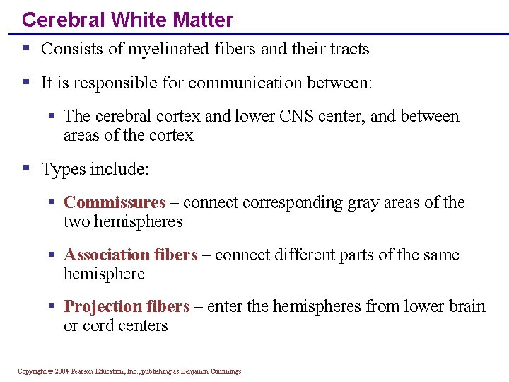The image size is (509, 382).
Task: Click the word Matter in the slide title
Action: [204, 20]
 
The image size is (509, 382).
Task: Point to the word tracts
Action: [347, 49]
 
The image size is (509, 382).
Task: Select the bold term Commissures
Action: [115, 202]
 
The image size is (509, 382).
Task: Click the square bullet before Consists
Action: [25, 48]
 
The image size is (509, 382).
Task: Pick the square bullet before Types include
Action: [25, 168]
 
